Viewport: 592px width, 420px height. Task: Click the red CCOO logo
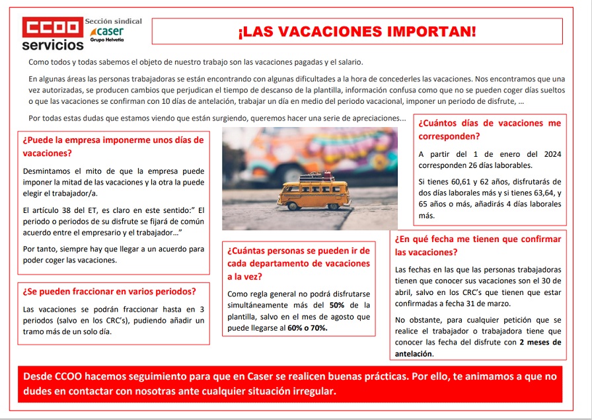click(52, 28)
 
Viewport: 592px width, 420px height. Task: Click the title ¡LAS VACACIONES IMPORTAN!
click(357, 31)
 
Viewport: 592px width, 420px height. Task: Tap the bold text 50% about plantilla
click(338, 305)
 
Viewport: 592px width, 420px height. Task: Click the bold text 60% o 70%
click(308, 328)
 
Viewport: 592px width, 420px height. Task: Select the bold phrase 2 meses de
click(540, 342)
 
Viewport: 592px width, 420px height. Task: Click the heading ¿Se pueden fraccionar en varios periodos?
click(109, 291)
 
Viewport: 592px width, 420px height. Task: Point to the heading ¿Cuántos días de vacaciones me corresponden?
click(490, 130)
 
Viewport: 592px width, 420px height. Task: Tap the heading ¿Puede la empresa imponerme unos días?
click(113, 146)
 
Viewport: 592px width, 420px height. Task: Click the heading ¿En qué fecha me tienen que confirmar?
click(478, 245)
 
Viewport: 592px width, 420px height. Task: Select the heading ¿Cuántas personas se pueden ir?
click(298, 263)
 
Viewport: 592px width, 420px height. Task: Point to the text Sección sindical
click(113, 21)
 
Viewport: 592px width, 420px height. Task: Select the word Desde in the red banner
click(39, 376)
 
